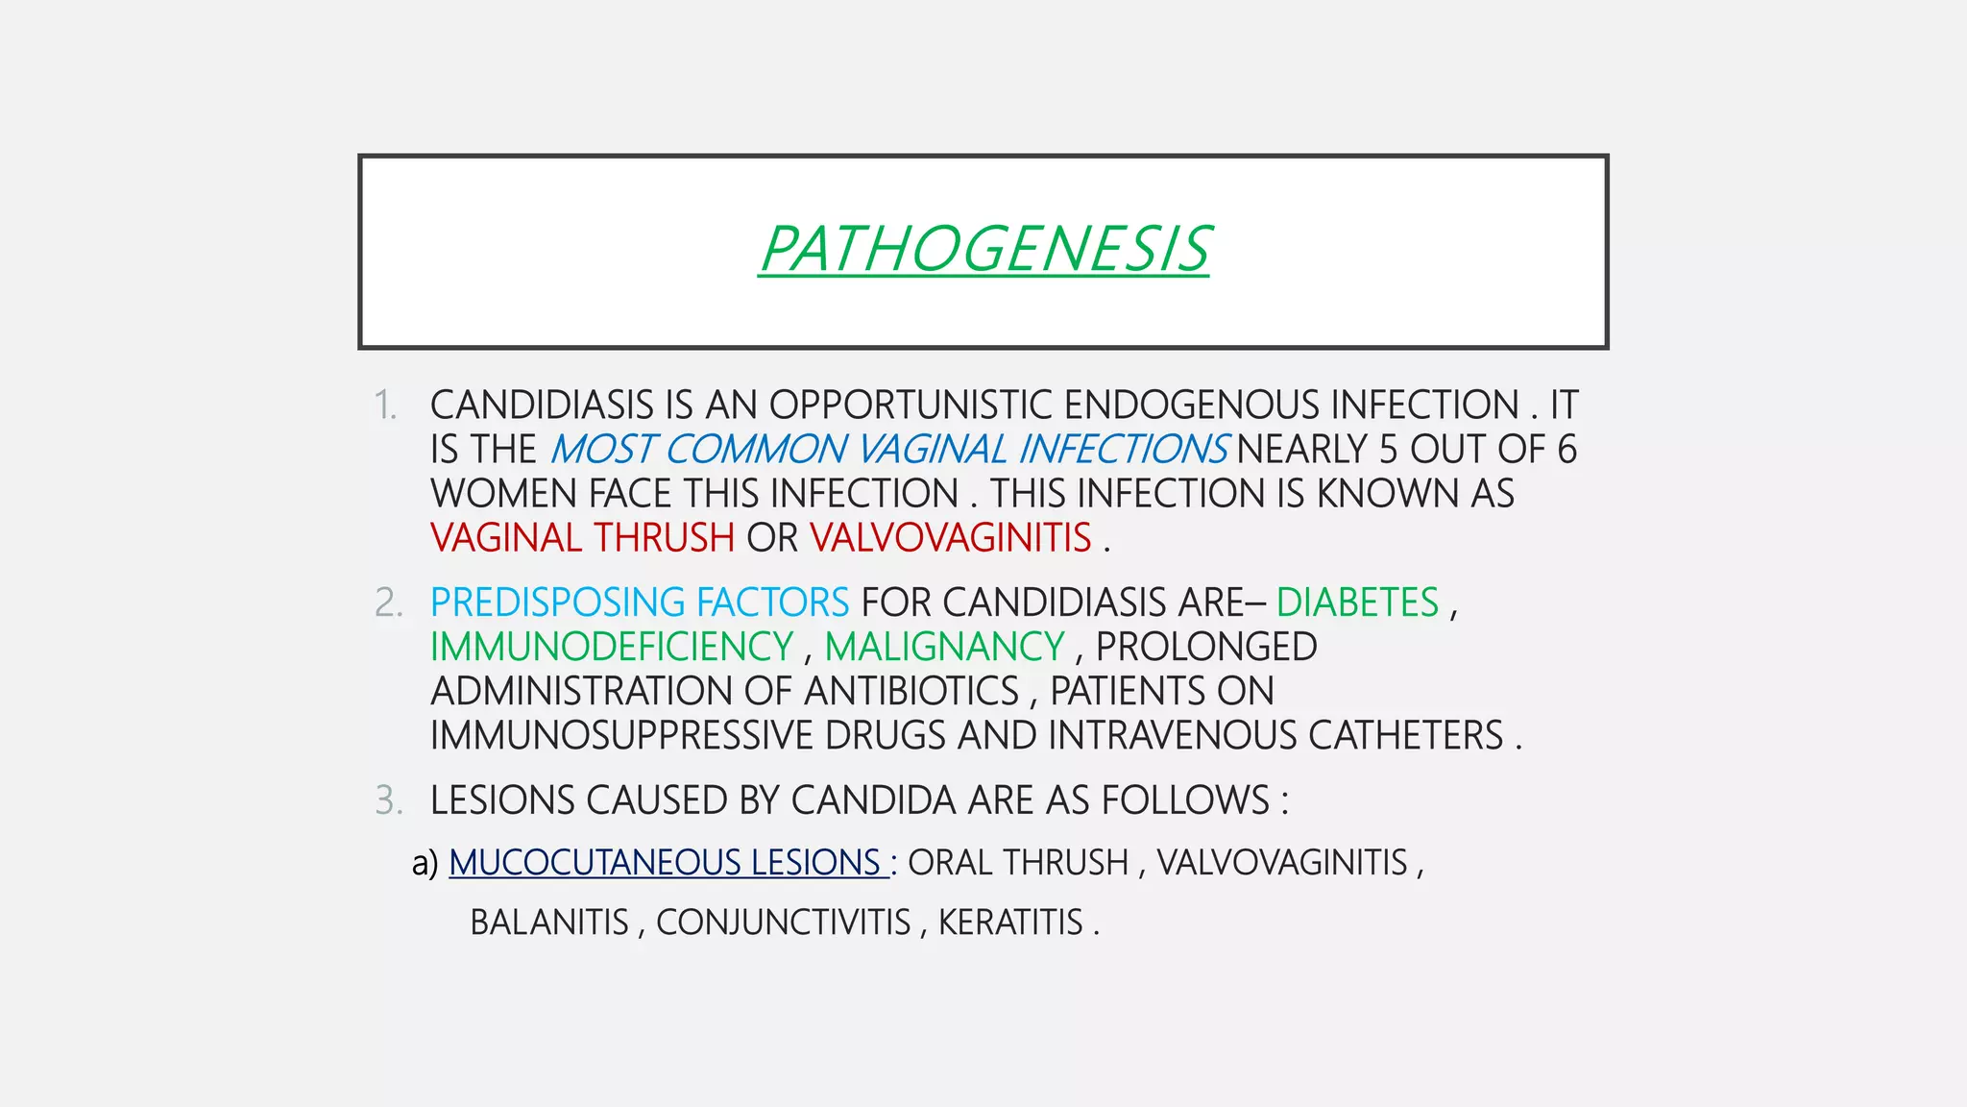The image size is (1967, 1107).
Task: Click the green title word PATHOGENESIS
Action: (x=983, y=249)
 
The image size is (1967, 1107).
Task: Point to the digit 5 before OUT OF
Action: (x=1389, y=450)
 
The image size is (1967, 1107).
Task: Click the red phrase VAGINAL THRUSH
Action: (x=582, y=538)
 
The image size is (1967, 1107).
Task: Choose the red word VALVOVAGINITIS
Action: (x=950, y=538)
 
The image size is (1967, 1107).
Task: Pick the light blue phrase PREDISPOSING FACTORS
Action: (x=640, y=603)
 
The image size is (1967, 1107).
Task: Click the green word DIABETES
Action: (x=1357, y=603)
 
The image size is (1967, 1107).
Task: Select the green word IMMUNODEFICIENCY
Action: (x=612, y=647)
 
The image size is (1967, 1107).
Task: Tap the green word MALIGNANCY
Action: (x=944, y=647)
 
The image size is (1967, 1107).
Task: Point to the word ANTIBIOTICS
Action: (x=911, y=691)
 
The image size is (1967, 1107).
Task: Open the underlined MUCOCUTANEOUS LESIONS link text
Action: (x=665, y=863)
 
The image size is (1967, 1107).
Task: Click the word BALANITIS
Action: (x=548, y=922)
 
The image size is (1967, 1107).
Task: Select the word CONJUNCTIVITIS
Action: (x=783, y=922)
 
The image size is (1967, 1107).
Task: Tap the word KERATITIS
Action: (x=1010, y=922)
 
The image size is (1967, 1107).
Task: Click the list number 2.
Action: (x=388, y=603)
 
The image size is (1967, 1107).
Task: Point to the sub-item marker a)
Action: (x=425, y=863)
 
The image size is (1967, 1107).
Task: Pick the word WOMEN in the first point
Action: (x=503, y=494)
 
